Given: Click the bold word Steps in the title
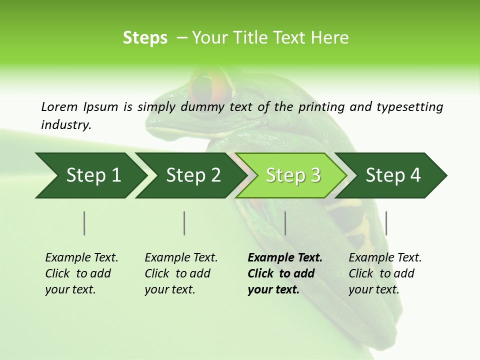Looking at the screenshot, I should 145,38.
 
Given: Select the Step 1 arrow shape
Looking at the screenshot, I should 90,175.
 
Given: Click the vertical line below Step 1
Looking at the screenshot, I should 84,223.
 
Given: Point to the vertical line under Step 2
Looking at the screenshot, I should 184,223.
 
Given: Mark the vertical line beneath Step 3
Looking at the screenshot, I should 285,223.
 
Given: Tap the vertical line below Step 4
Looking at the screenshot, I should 386,223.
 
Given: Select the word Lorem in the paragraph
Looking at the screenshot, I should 59,107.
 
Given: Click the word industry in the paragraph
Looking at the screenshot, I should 65,125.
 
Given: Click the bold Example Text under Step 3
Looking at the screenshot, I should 285,257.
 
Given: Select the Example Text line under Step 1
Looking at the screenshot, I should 81,257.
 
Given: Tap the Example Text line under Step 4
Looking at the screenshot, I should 385,257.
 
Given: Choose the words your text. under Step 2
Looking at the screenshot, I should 169,289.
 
